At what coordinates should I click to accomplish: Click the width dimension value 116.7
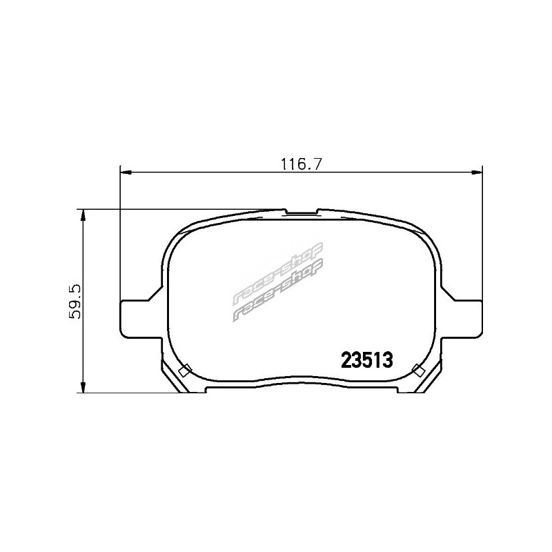tap(302, 164)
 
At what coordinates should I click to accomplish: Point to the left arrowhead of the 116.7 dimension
tap(126, 172)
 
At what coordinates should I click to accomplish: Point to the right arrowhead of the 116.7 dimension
tap(477, 172)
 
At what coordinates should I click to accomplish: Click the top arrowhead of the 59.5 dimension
tap(83, 215)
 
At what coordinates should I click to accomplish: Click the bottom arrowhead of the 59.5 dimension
tap(83, 387)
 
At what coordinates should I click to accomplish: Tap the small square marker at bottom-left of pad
tap(185, 370)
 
